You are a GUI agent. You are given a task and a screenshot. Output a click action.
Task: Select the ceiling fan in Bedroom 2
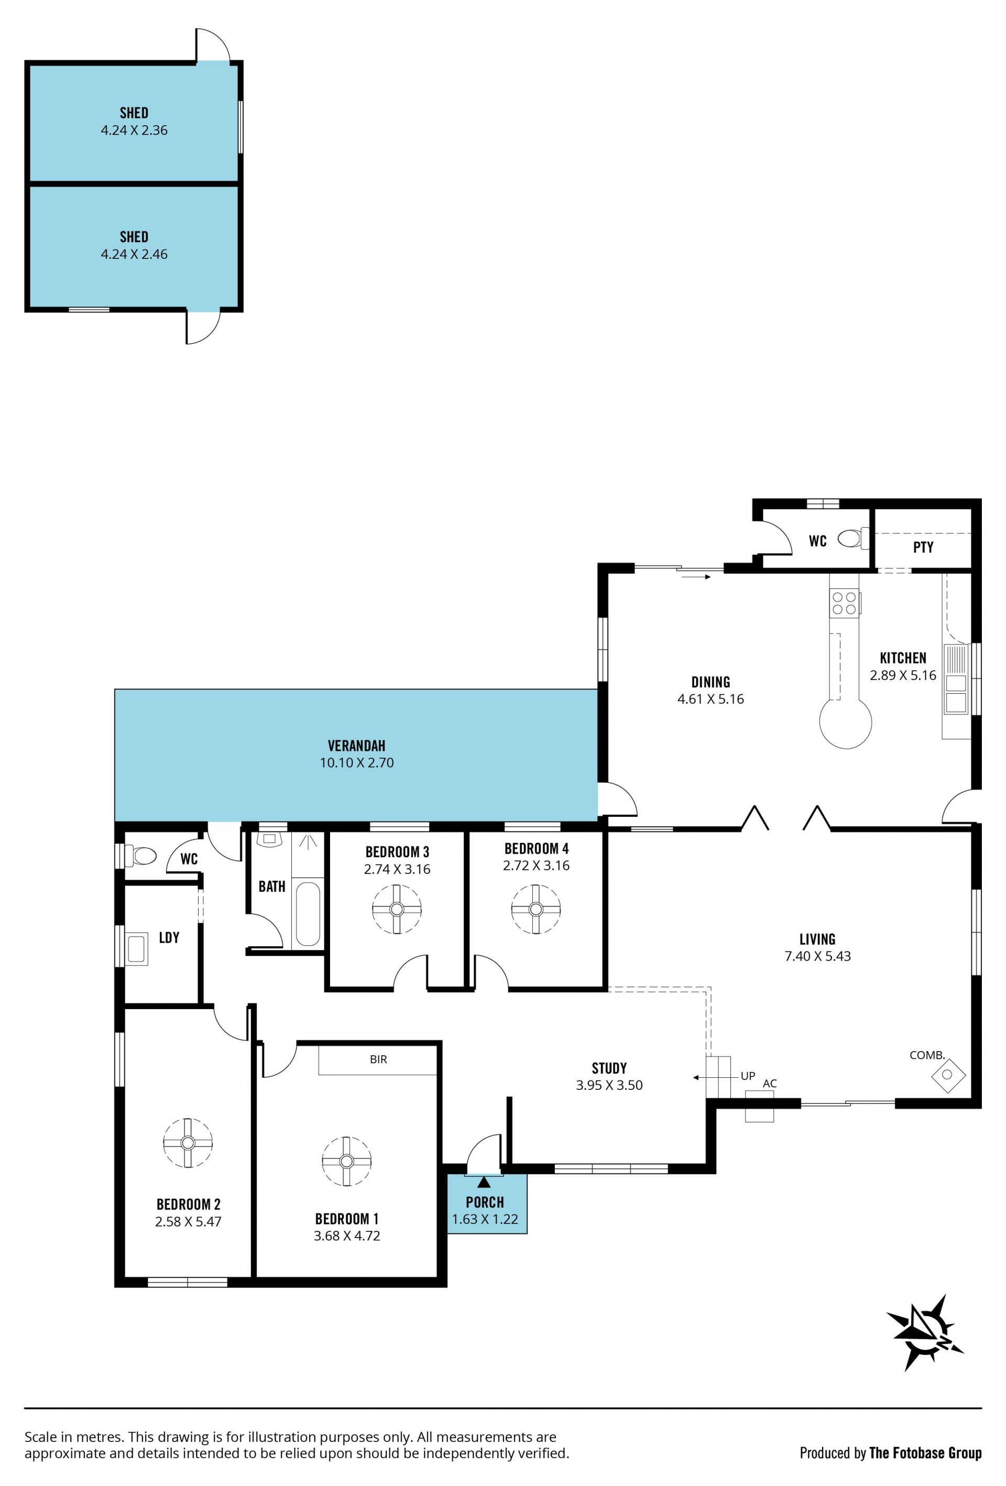tap(188, 1143)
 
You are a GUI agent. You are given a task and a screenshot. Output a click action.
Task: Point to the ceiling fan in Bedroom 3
tap(397, 909)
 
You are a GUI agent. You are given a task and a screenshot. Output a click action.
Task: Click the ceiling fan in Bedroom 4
tap(536, 909)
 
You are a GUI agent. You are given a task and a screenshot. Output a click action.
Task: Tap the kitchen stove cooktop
tap(844, 603)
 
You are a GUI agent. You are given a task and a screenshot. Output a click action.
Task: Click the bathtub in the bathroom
tap(308, 914)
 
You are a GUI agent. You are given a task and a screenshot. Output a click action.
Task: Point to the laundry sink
tap(136, 949)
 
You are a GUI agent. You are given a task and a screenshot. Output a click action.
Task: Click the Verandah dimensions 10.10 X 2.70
tap(357, 762)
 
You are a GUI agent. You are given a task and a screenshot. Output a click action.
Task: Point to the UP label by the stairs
tap(748, 1076)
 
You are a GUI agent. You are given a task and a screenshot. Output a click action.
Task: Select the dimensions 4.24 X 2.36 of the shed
tap(134, 130)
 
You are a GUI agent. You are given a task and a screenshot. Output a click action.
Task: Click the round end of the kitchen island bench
tap(846, 722)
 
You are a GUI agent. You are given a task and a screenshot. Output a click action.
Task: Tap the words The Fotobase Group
tap(925, 1453)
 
